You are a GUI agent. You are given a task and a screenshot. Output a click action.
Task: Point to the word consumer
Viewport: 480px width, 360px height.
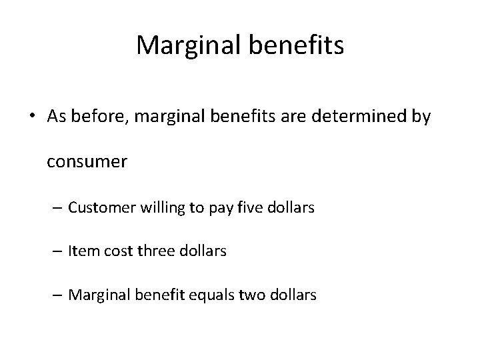(87, 162)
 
